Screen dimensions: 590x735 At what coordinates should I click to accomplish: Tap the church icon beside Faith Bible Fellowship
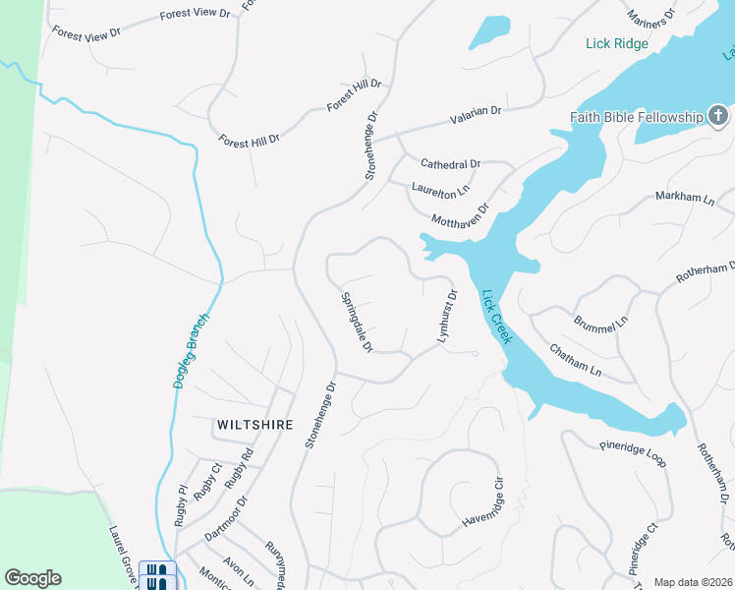tap(719, 117)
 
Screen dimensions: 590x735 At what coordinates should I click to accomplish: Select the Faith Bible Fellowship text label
tap(637, 118)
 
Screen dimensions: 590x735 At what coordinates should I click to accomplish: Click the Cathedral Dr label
tap(450, 163)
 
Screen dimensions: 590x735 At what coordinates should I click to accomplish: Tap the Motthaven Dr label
tap(458, 217)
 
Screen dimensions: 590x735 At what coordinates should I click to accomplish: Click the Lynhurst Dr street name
tap(447, 316)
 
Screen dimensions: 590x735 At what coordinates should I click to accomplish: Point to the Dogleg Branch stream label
tap(193, 350)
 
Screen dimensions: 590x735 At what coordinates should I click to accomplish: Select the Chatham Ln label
tap(575, 361)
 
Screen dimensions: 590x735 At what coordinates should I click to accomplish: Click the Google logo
tap(32, 578)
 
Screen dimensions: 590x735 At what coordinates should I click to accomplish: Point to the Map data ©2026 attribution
tap(692, 582)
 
